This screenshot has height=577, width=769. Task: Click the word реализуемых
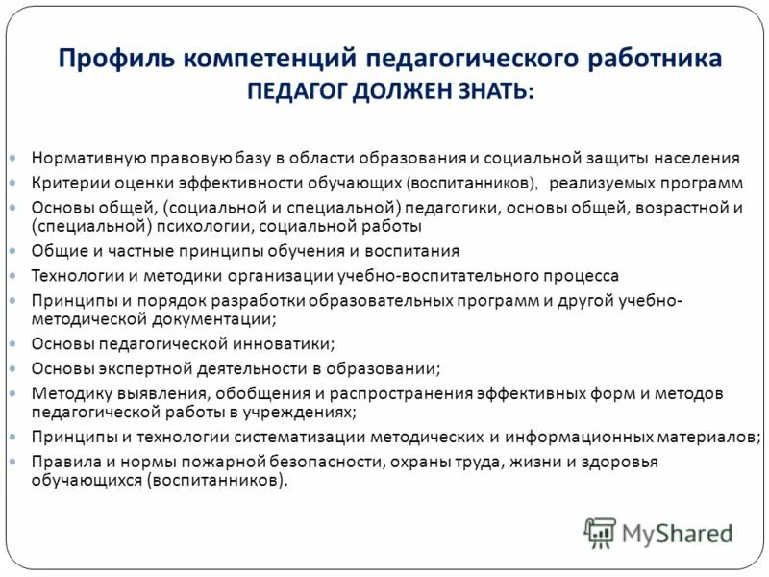[x=603, y=182]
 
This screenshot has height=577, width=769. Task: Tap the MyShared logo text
[x=677, y=532]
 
